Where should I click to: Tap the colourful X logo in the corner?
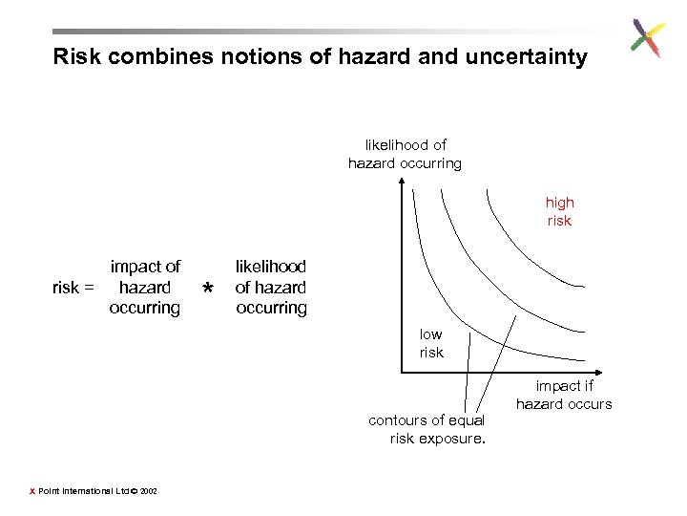[648, 38]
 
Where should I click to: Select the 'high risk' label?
[559, 211]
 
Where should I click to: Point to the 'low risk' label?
[431, 343]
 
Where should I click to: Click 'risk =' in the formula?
[73, 288]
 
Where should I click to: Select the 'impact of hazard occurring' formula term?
[145, 287]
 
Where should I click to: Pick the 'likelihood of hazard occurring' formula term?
[271, 287]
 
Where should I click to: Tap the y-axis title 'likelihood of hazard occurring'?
[405, 154]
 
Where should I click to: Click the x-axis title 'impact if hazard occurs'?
[564, 395]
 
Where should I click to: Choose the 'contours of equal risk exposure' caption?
[427, 429]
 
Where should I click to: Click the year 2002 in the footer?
[148, 491]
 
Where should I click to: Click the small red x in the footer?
[31, 491]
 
